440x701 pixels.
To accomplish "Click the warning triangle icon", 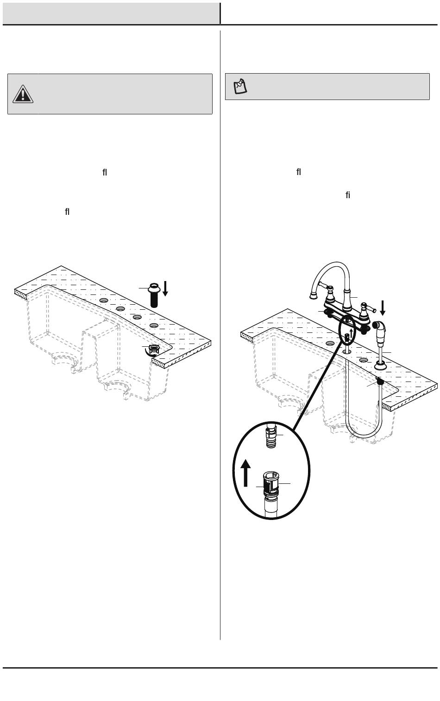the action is pos(23,94).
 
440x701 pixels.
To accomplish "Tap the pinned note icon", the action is pos(240,87).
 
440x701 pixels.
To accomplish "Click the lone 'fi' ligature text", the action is pos(348,195).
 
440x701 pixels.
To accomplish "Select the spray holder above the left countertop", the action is pos(154,295).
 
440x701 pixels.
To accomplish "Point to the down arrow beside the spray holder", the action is pos(165,288).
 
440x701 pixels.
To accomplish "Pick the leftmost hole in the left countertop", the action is pos(104,300).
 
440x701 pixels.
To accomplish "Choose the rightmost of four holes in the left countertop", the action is pos(154,325).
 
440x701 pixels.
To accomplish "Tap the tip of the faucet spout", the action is pos(312,295).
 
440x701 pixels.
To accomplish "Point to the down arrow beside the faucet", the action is pos(383,308).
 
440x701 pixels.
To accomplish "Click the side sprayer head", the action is pos(380,332).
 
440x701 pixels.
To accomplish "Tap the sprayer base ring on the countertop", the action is pos(380,365).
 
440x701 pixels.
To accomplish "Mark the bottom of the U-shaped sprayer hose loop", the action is pos(364,437).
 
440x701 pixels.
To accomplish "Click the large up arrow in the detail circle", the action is pos(245,473).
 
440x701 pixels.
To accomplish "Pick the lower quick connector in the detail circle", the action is pos(271,484).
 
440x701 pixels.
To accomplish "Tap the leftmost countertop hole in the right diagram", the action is pos(330,343).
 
